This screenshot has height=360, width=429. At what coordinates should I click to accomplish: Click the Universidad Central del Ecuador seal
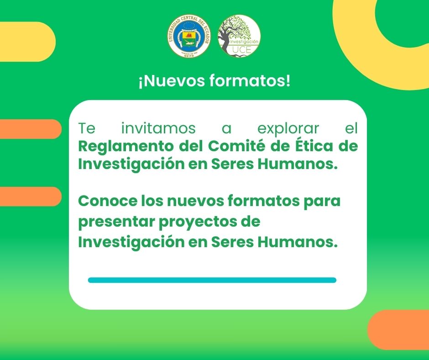189,36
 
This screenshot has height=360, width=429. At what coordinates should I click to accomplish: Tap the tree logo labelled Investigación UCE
239,36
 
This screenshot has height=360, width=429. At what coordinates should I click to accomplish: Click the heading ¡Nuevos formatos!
214,82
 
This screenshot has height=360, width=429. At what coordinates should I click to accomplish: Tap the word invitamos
158,128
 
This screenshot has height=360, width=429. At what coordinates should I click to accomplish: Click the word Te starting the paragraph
87,128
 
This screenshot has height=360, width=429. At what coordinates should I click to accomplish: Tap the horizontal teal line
212,280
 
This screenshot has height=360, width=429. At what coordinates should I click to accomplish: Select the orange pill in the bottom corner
399,330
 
